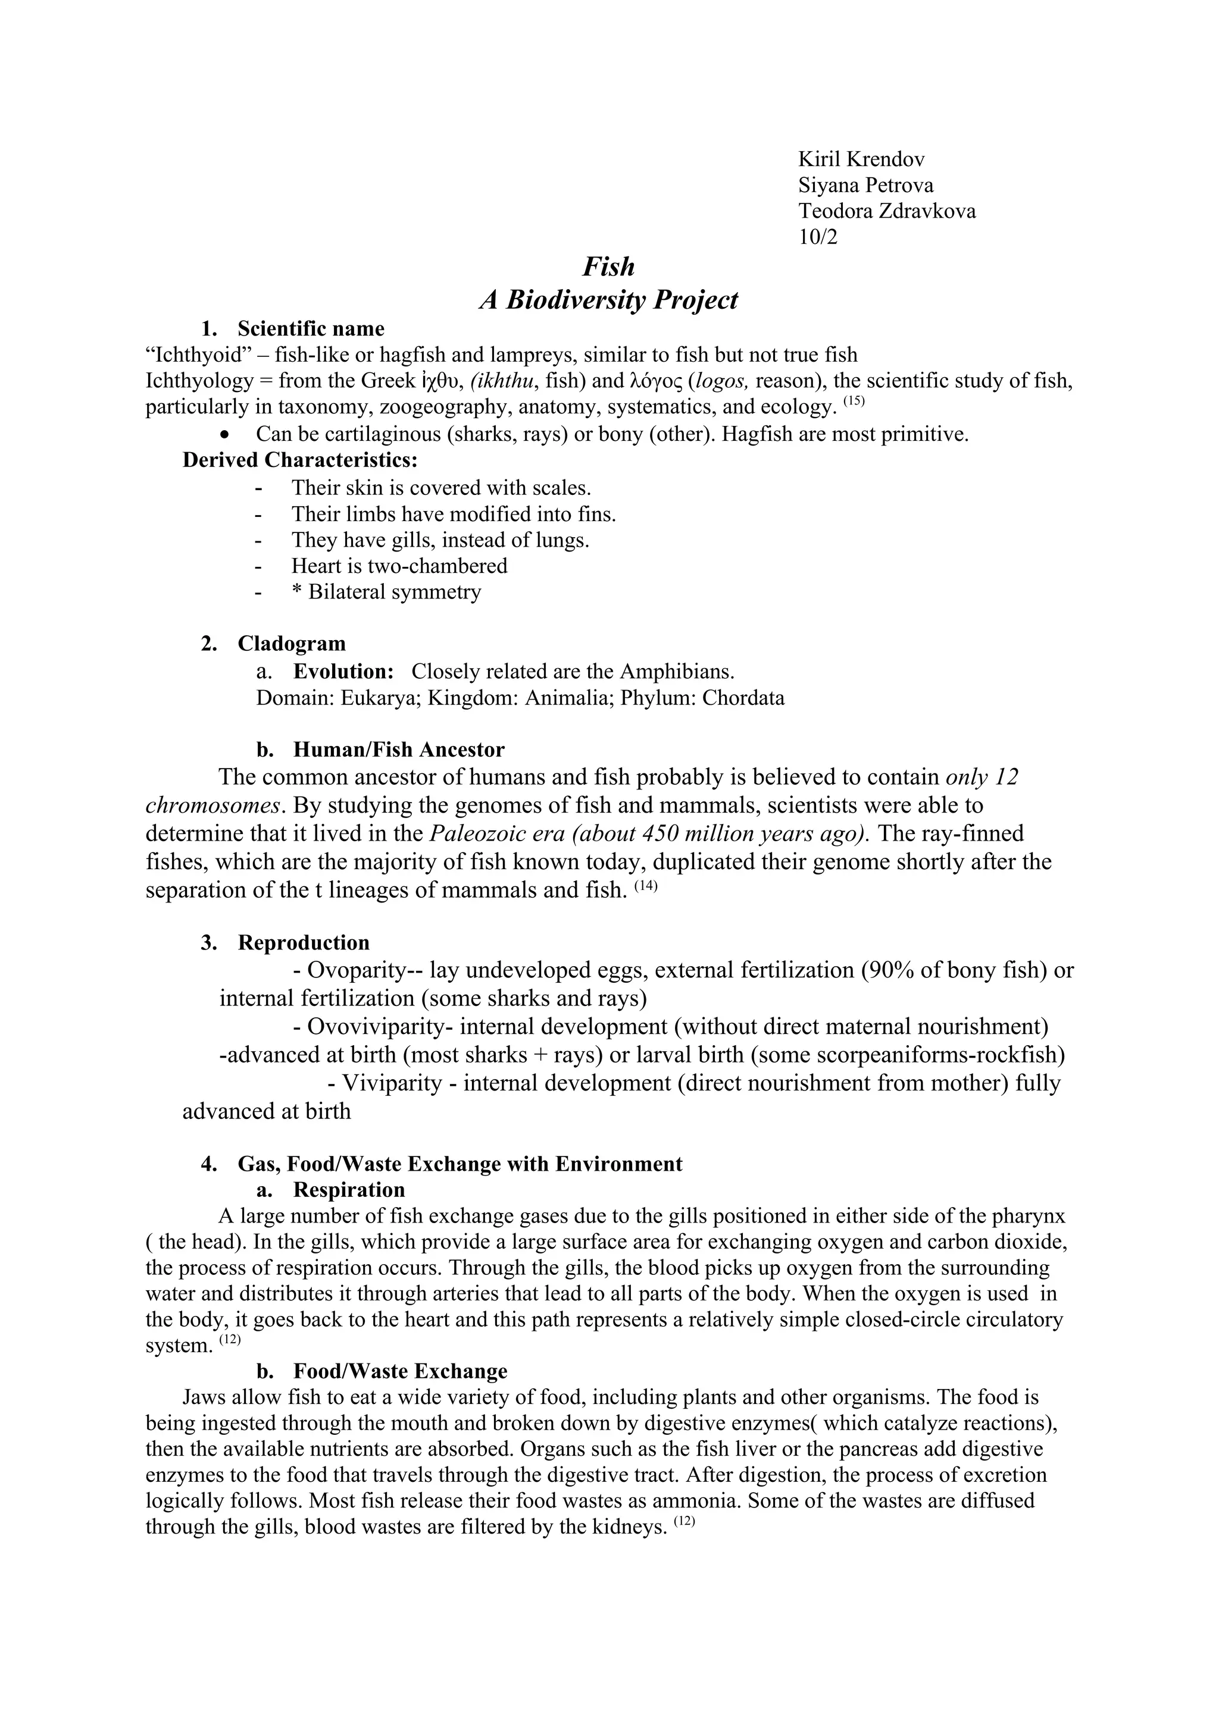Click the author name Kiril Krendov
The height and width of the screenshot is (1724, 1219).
coord(861,159)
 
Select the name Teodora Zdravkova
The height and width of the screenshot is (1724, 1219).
coord(886,211)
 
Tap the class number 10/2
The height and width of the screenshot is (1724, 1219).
coord(817,237)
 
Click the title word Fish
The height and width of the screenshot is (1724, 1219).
coord(608,267)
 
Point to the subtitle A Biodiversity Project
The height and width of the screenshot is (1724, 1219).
coord(608,300)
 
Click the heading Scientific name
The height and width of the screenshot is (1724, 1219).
coord(310,329)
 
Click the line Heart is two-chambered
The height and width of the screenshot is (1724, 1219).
coord(399,566)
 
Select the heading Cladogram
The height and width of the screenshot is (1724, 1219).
coord(292,644)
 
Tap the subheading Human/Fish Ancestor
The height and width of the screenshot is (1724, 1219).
coord(398,750)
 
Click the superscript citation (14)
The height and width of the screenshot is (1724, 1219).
coord(645,887)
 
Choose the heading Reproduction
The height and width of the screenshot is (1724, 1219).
coord(304,943)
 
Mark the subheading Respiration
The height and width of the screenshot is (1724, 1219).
coord(349,1190)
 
